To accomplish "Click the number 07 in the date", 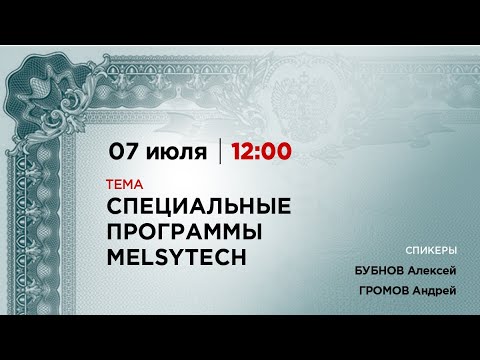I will coord(127,152).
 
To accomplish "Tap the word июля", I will coord(180,153).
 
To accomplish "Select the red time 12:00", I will coord(261,152).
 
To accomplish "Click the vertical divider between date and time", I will coord(220,152).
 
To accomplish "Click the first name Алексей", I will coord(432,270).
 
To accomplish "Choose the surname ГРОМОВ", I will coord(381,290).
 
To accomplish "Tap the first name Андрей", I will coord(432,290).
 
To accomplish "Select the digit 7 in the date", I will coord(135,152).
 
